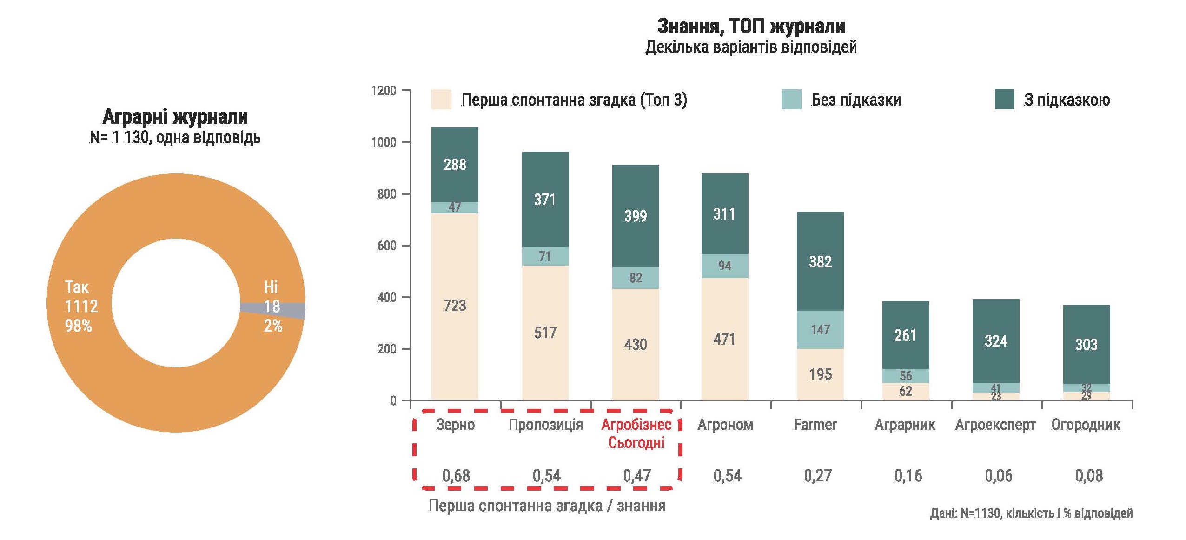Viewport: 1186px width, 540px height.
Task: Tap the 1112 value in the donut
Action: pos(81,306)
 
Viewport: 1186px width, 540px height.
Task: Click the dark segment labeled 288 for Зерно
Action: pos(454,164)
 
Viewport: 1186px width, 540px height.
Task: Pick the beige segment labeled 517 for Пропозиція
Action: pos(545,333)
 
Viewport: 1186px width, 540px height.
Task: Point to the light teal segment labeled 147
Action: pos(820,329)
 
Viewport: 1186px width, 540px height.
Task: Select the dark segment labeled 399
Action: pos(635,216)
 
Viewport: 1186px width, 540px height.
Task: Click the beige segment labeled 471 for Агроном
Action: pos(724,339)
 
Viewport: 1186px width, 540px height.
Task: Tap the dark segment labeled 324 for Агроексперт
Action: pos(995,341)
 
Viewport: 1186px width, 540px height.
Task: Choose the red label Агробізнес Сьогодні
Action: pos(636,433)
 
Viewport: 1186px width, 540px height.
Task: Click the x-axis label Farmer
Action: pos(815,425)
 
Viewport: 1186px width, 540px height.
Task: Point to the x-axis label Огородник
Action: pos(1086,425)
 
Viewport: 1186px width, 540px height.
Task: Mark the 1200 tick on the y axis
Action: pos(384,90)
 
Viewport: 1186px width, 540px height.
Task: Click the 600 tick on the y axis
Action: pos(387,246)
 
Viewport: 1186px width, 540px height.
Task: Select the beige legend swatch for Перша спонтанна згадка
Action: pos(441,100)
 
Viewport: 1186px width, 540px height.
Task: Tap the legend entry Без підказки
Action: pos(855,100)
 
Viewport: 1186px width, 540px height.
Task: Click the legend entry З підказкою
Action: pos(1067,100)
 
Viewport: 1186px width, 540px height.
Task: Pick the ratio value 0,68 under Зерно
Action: pos(456,476)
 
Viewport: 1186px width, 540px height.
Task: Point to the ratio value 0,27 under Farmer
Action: pos(817,476)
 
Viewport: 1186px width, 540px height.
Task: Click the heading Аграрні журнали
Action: pos(175,116)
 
